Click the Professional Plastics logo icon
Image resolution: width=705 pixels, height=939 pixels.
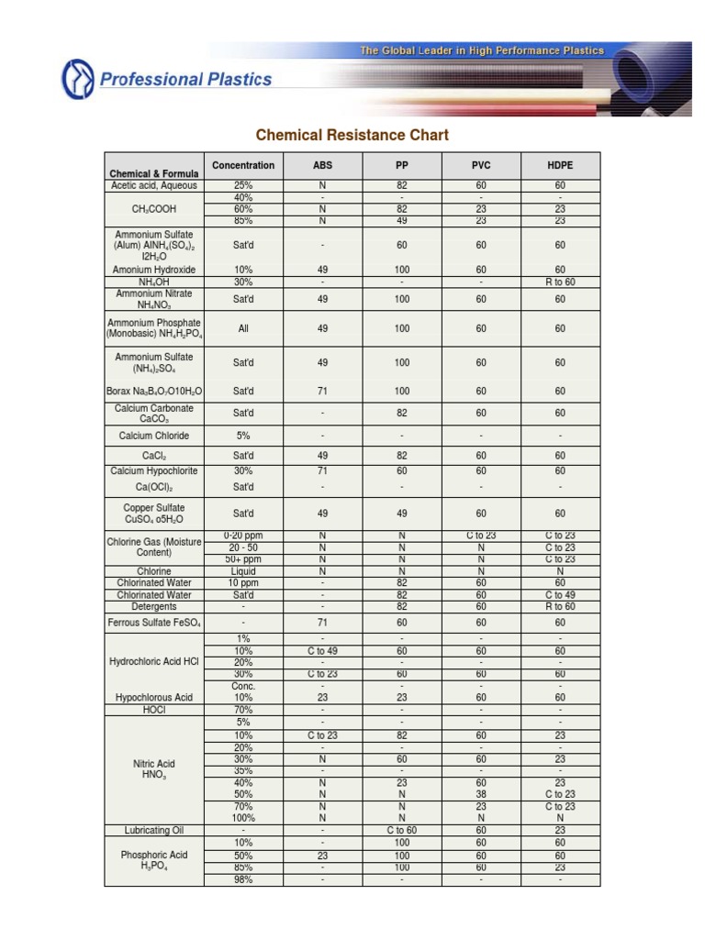coord(77,79)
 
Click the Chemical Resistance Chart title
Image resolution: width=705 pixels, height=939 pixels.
coord(352,136)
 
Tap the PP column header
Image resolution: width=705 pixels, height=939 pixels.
coord(402,166)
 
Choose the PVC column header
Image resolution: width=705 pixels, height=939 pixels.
coord(481,166)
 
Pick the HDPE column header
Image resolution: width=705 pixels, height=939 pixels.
coord(560,166)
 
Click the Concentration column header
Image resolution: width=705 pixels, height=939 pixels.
coord(243,166)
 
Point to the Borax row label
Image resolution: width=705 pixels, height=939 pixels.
coord(154,392)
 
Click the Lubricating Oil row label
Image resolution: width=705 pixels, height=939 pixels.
coord(154,830)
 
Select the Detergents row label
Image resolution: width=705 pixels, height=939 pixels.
coord(154,607)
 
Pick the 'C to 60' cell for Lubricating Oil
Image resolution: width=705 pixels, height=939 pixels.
coord(402,830)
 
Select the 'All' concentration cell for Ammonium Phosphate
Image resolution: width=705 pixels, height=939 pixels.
coord(243,328)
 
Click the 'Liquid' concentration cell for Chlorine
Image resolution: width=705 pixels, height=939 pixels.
coord(243,570)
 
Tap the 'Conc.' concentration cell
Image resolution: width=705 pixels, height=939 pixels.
coord(243,686)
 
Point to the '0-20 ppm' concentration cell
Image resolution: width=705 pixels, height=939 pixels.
coord(243,536)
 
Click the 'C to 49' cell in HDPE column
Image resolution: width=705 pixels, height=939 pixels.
coord(560,595)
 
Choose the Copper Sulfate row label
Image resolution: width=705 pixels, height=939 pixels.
coord(154,514)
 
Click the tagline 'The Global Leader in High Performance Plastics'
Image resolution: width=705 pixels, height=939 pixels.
coord(482,51)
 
